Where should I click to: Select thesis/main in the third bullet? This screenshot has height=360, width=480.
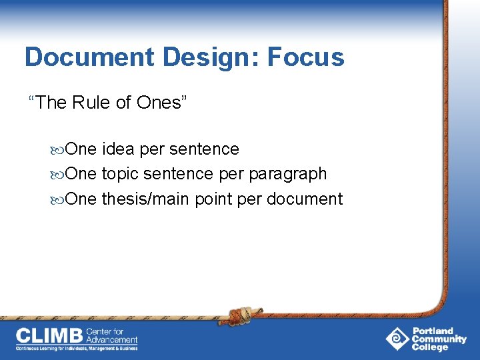click(x=145, y=199)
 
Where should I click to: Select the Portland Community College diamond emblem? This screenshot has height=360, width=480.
click(x=397, y=339)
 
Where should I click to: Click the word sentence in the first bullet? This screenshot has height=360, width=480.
click(x=203, y=149)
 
